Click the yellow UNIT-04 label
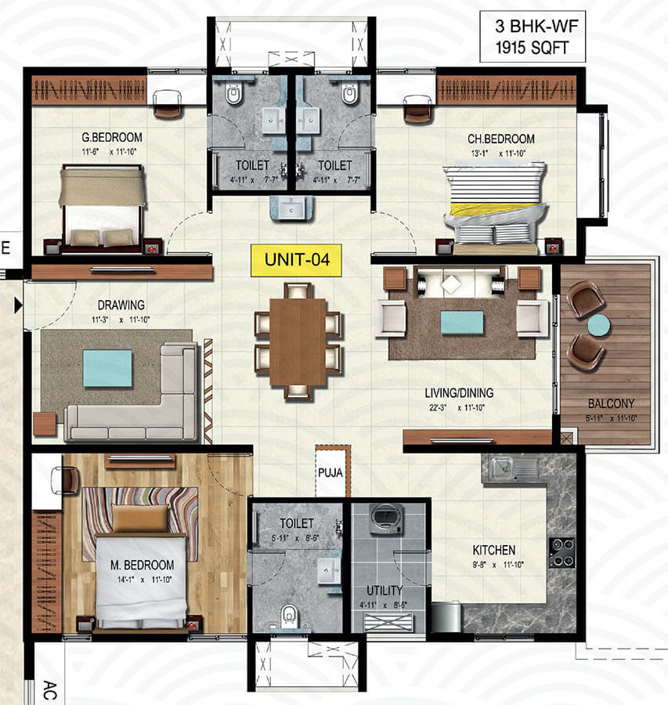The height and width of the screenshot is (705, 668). pyautogui.click(x=296, y=260)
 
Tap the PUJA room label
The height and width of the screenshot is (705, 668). pyautogui.click(x=330, y=472)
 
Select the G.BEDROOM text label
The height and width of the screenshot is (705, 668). pyautogui.click(x=112, y=137)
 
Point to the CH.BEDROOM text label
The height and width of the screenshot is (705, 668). pyautogui.click(x=501, y=139)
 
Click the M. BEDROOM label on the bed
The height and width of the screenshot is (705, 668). pyautogui.click(x=142, y=565)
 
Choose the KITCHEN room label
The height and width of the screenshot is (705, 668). pyautogui.click(x=494, y=550)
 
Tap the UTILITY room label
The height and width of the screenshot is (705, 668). pyautogui.click(x=385, y=591)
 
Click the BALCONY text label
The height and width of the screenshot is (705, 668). pyautogui.click(x=612, y=403)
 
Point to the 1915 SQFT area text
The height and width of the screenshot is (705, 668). pyautogui.click(x=532, y=47)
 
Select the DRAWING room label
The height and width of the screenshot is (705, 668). pyautogui.click(x=121, y=305)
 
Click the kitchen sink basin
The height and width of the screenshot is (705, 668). pyautogui.click(x=501, y=468)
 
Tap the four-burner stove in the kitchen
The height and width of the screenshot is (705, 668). pyautogui.click(x=562, y=552)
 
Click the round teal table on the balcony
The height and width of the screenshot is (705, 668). pyautogui.click(x=599, y=325)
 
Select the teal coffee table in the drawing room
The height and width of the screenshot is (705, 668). pyautogui.click(x=107, y=368)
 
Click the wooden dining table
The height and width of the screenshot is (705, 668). pyautogui.click(x=298, y=342)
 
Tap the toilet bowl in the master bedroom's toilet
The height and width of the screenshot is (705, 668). pyautogui.click(x=290, y=616)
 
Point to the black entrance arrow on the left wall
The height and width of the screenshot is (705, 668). pyautogui.click(x=18, y=305)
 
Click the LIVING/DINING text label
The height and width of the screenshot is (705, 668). pyautogui.click(x=459, y=393)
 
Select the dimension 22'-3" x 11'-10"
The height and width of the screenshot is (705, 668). pyautogui.click(x=457, y=408)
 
